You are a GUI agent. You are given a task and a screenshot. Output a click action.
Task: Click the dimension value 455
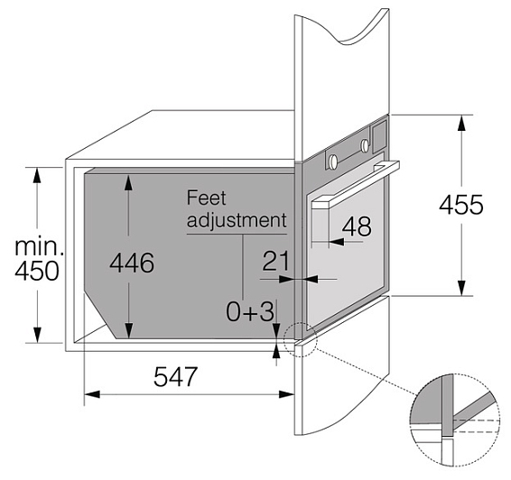[x=460, y=205]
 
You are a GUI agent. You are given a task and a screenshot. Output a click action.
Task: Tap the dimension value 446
[x=132, y=263]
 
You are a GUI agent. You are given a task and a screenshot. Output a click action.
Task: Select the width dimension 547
[x=176, y=376]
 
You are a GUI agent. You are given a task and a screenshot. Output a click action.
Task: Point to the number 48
[x=357, y=226]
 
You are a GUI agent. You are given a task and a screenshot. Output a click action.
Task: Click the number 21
[x=275, y=261]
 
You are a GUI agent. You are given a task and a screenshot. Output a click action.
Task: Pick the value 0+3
[x=250, y=311]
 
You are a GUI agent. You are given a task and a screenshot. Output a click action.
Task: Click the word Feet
[x=206, y=198]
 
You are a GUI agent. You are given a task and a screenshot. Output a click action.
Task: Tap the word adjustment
[x=237, y=220]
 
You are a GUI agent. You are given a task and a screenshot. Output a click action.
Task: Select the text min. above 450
[x=39, y=246]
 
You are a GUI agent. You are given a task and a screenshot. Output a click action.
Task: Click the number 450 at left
[x=37, y=271]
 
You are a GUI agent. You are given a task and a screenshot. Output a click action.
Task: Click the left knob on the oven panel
[x=333, y=162]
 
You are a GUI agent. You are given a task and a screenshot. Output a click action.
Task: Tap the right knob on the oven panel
[x=365, y=145]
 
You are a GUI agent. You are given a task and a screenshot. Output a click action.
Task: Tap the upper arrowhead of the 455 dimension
[x=460, y=123]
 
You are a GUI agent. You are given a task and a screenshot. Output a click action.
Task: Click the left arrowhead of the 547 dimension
[x=92, y=394]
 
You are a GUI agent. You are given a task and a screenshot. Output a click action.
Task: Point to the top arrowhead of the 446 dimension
[x=129, y=182]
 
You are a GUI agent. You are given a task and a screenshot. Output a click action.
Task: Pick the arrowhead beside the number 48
[x=336, y=242]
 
